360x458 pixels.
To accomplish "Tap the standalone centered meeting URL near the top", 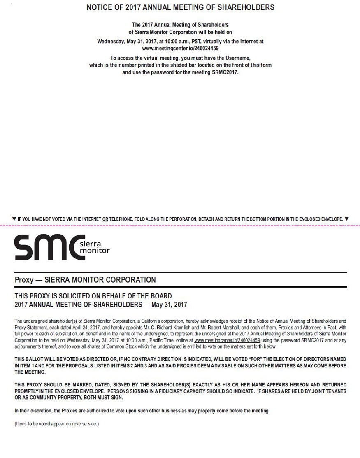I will tap(180, 48).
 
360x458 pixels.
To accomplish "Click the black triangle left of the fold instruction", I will tap(14, 219).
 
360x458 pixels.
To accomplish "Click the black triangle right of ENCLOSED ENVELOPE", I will tap(347, 219).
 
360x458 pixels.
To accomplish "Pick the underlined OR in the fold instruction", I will tap(105, 219).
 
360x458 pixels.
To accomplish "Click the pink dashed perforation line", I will tap(180, 226).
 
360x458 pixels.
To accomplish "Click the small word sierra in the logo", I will tap(91, 244).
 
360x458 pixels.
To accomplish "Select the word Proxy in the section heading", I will tap(24, 280).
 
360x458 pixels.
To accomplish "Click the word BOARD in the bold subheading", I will tap(162, 296).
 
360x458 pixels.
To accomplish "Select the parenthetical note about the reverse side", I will tap(57, 423).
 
